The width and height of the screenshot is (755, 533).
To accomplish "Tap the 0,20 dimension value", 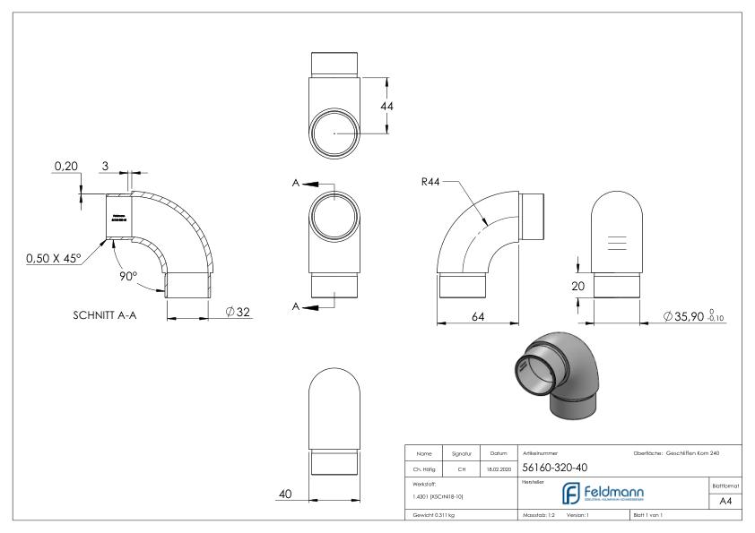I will [65, 167].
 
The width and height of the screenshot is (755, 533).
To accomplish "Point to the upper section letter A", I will [295, 183].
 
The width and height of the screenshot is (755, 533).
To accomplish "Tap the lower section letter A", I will [295, 306].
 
